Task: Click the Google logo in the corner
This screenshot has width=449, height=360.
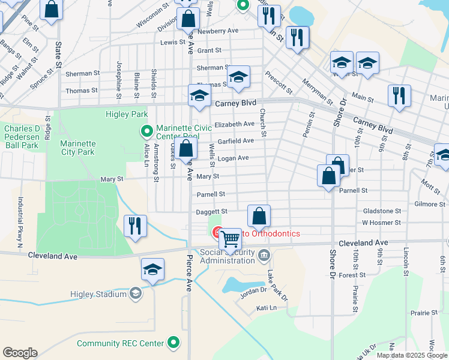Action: [20, 353]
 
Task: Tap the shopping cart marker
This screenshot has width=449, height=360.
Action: [231, 239]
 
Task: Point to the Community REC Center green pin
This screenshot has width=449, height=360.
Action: [174, 343]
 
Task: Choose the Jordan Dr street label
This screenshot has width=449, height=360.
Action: [253, 290]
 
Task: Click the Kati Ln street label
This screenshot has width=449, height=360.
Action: [265, 308]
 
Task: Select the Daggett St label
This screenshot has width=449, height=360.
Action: [211, 212]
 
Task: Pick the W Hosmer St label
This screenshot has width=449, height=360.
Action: [381, 223]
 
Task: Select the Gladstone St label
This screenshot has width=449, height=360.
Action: [382, 211]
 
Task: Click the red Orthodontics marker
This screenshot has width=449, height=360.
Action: [217, 232]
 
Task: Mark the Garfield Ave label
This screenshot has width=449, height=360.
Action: [235, 141]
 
